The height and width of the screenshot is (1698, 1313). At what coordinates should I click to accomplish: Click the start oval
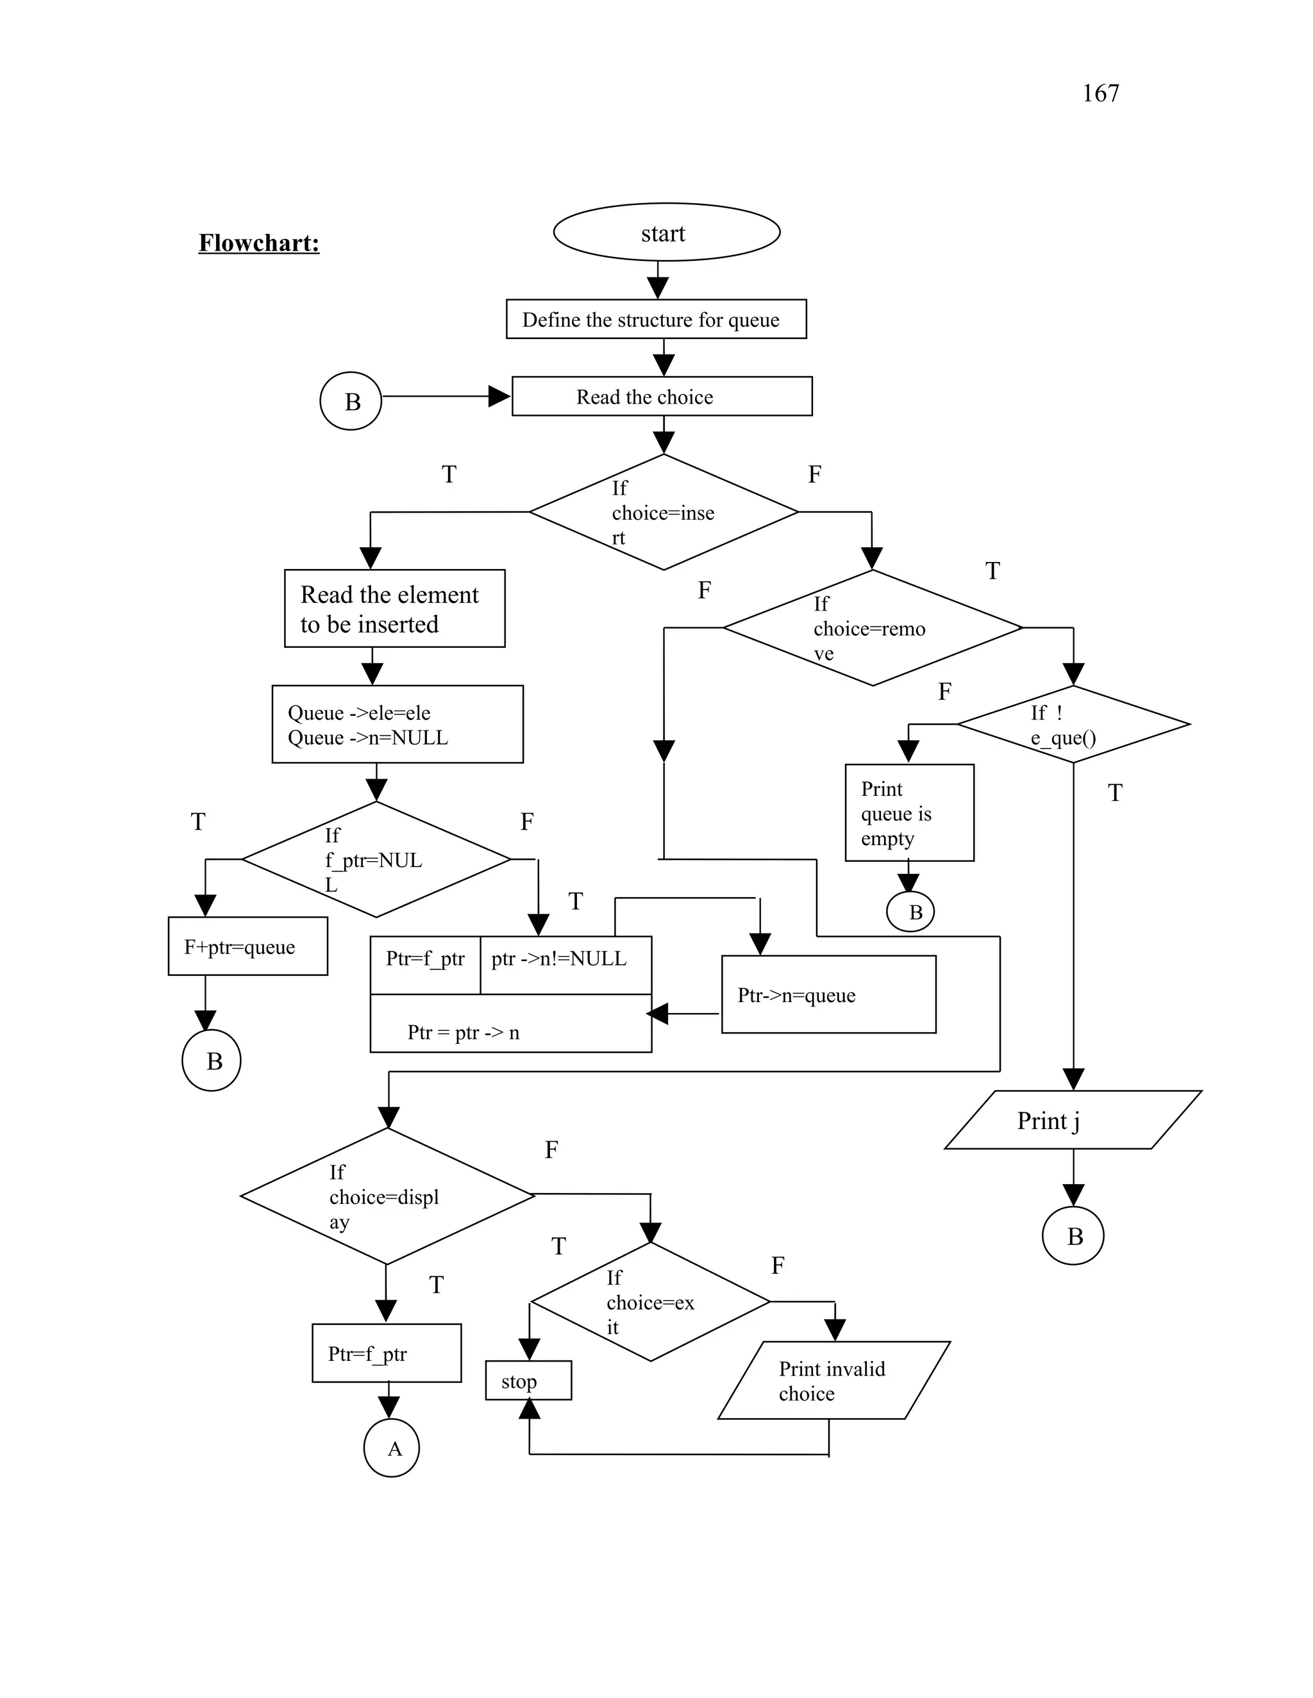coord(666,233)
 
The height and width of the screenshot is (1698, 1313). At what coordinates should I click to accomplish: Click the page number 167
coord(1100,94)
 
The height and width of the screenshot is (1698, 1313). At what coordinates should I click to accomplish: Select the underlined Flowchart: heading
coord(258,243)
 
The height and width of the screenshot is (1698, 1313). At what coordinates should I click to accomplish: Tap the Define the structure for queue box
coord(656,320)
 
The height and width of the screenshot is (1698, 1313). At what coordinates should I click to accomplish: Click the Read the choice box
coord(661,397)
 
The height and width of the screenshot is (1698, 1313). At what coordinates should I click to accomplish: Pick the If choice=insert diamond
coord(664,513)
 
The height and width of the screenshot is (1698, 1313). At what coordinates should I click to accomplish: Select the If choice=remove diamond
coord(872,628)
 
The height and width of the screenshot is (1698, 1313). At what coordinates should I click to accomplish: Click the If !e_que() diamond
coord(1073,725)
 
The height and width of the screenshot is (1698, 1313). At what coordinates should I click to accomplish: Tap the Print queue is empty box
coord(908,812)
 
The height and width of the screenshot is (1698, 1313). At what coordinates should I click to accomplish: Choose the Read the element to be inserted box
coord(394,609)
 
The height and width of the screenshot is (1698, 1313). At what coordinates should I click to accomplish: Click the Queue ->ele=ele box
coord(397,725)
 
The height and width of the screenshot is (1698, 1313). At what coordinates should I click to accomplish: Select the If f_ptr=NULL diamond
coord(376,860)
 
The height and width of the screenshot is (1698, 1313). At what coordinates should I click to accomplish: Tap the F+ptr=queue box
coord(247,946)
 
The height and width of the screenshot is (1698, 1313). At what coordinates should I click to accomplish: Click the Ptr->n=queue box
coord(828,994)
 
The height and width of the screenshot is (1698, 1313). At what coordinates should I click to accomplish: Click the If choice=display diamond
coord(387,1196)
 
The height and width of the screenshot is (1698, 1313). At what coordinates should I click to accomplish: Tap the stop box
coord(528,1381)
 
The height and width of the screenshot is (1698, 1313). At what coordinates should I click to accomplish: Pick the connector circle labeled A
coord(391,1449)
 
